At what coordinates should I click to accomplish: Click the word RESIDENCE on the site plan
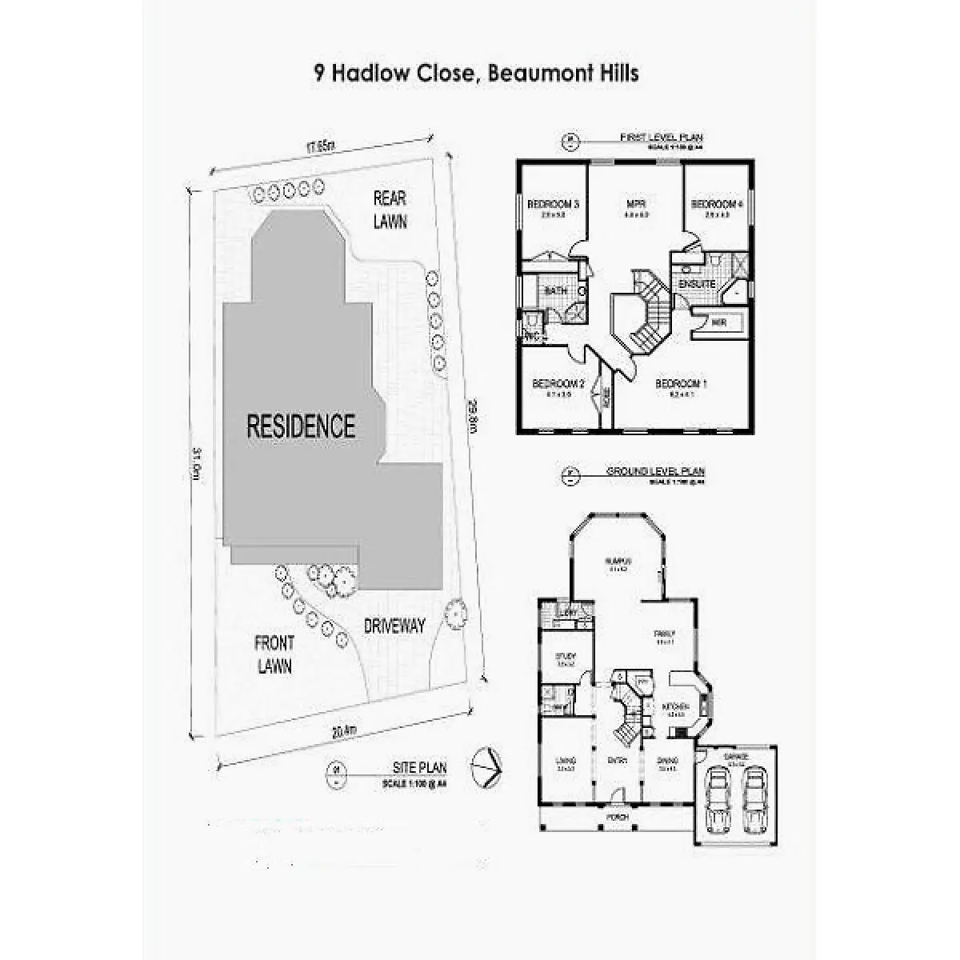click(300, 425)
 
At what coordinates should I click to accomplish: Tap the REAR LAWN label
click(390, 210)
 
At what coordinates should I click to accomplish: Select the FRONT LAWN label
click(274, 654)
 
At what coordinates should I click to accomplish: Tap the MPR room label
click(636, 204)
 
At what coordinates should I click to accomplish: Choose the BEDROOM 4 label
click(717, 204)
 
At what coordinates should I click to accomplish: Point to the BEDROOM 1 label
click(681, 385)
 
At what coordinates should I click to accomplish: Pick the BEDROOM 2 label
click(558, 385)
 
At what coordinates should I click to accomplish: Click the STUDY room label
click(566, 658)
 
